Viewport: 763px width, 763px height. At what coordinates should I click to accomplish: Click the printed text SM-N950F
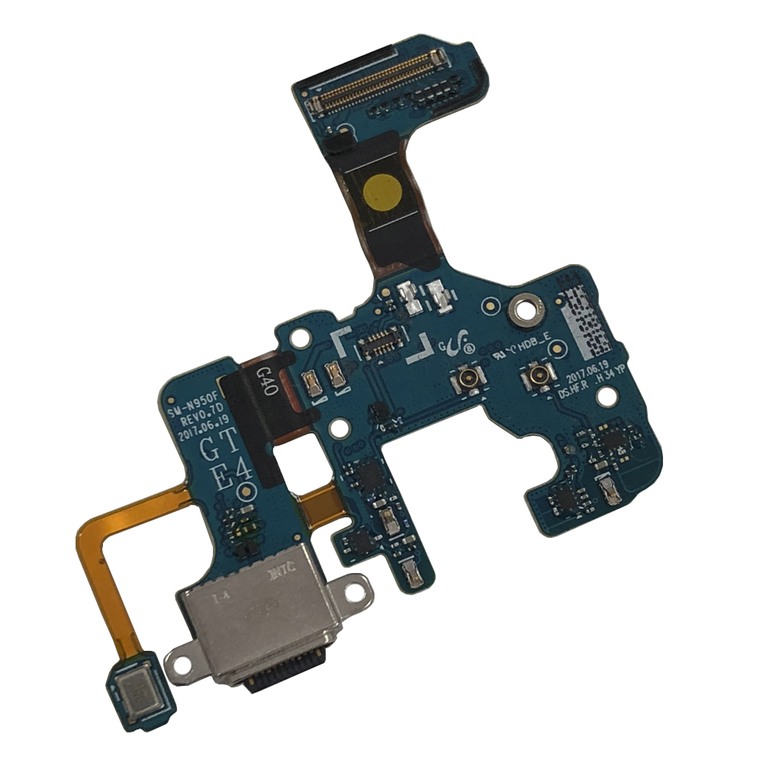[195, 405]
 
